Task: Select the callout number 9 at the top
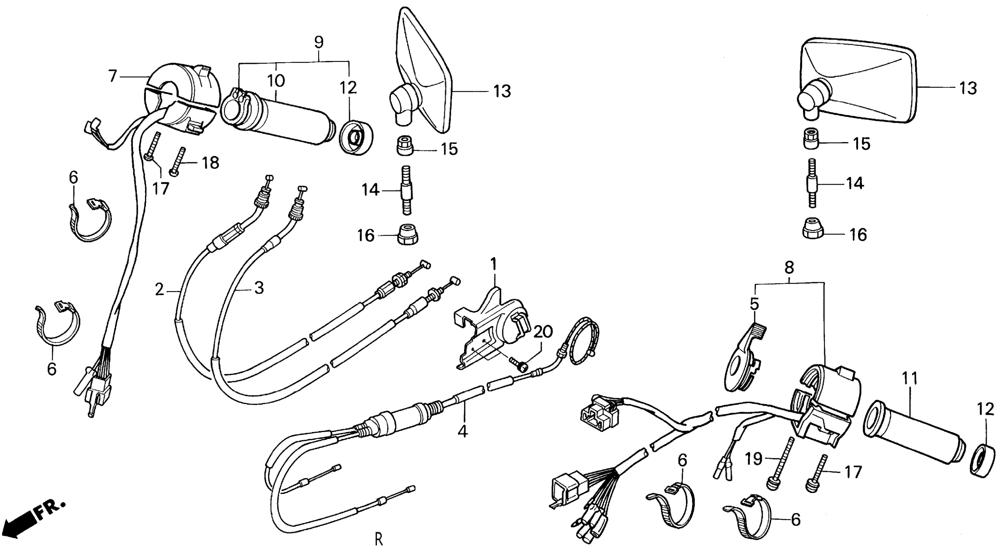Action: click(318, 42)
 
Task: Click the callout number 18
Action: click(211, 162)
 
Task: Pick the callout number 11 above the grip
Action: click(910, 378)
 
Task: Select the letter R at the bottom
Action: click(379, 539)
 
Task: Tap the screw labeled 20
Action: click(518, 363)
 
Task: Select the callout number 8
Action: click(789, 268)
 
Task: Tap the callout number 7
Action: click(113, 76)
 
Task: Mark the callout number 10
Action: click(276, 81)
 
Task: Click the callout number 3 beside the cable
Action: click(258, 287)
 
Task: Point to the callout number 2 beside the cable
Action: click(160, 289)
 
